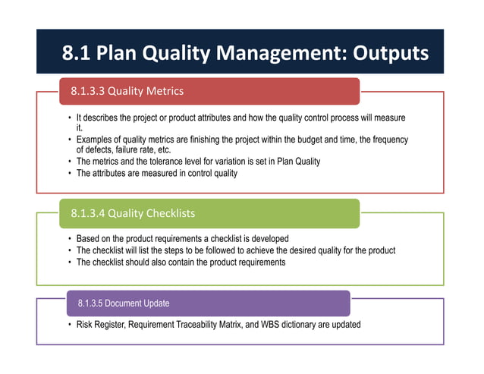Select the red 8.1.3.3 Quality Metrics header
click(x=209, y=92)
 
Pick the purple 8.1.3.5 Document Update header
click(x=209, y=303)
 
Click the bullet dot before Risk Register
click(x=69, y=325)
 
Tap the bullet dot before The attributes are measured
click(x=69, y=173)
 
